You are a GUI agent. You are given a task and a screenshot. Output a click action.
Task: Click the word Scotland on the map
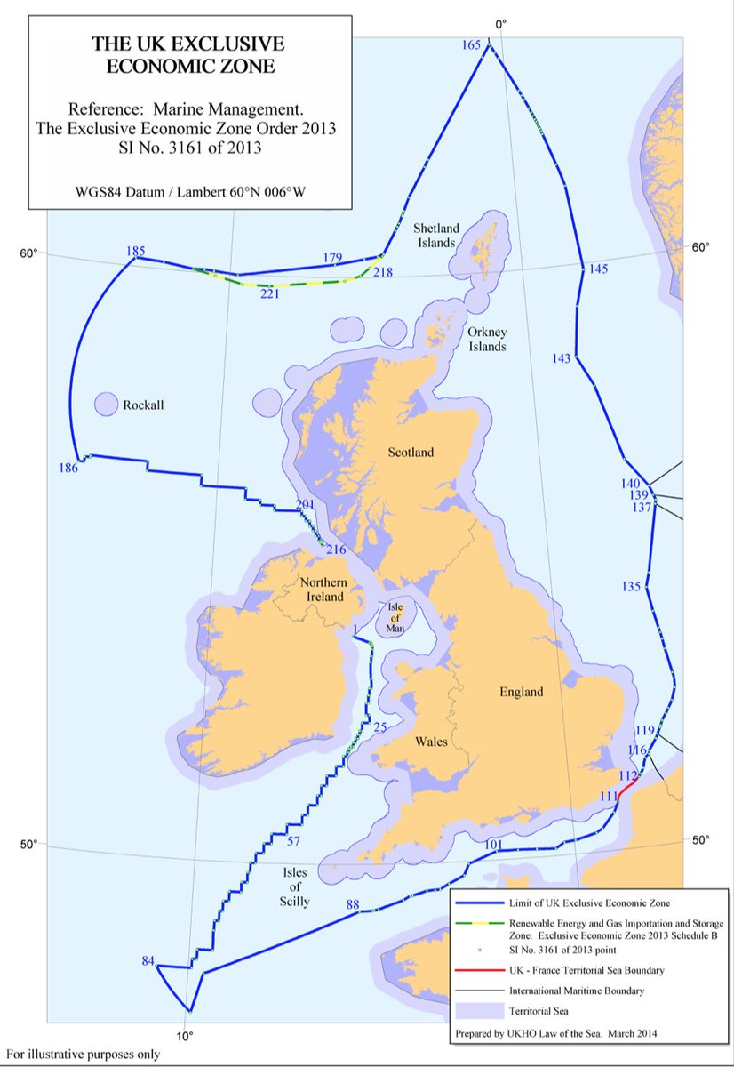pos(411,453)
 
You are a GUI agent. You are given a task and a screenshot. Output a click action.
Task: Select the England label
pos(520,691)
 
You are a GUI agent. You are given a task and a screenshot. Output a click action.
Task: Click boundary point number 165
pos(472,45)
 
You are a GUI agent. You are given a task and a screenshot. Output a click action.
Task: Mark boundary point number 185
pos(136,252)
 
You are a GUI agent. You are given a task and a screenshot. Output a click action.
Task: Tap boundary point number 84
pos(148,961)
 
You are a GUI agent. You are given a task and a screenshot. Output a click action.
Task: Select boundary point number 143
pos(561,358)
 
